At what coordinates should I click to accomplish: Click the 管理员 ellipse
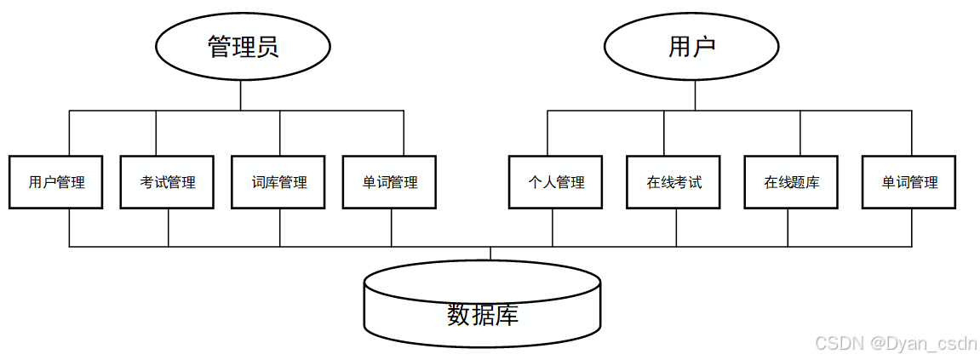[243, 47]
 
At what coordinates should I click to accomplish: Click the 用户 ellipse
[691, 47]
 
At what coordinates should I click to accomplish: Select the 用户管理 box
[56, 182]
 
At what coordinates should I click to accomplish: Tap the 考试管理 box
[168, 182]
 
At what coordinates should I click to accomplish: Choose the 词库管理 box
[278, 182]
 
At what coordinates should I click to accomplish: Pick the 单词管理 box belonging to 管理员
[389, 182]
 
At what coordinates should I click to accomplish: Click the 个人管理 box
[556, 182]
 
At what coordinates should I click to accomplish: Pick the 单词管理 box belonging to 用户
[909, 182]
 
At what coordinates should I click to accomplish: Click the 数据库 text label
[483, 316]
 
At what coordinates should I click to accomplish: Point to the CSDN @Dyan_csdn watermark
[895, 344]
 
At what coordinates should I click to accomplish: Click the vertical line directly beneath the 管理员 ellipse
[241, 95]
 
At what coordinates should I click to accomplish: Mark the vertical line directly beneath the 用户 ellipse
[696, 95]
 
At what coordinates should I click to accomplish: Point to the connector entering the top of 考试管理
[156, 133]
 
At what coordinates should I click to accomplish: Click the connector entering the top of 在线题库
[800, 133]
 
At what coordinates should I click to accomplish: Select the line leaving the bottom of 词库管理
[280, 227]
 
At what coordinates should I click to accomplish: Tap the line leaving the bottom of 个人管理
[553, 227]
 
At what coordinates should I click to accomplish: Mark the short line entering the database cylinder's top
[490, 254]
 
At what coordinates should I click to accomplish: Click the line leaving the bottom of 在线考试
[677, 227]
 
